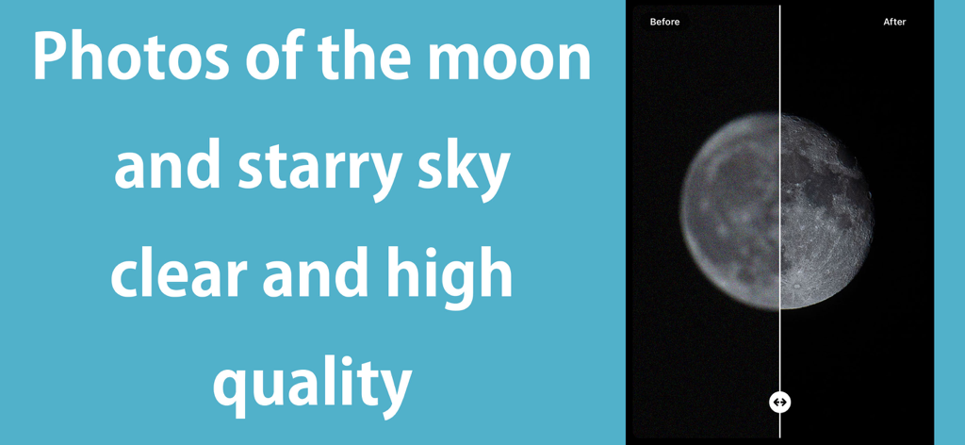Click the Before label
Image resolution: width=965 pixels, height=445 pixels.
(x=664, y=22)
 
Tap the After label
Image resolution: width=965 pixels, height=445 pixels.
(x=894, y=22)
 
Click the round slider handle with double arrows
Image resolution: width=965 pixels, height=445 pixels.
(x=779, y=403)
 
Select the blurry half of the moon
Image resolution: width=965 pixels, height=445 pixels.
(x=730, y=212)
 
